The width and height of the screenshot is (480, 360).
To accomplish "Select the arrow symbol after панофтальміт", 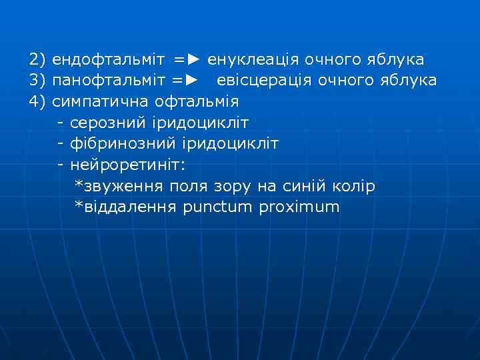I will tap(191, 81).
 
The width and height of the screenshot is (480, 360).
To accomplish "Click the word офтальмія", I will tap(196, 102).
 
